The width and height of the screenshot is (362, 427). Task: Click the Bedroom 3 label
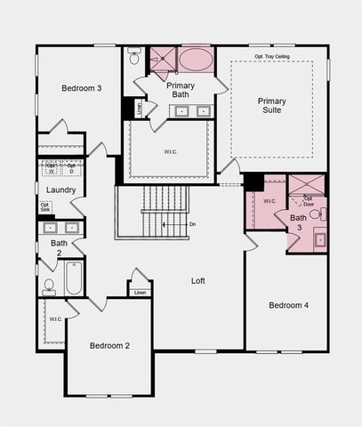click(81, 88)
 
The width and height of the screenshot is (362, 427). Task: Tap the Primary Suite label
click(271, 107)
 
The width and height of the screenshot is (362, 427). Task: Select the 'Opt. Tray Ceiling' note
click(272, 57)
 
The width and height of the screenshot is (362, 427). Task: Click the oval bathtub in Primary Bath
click(196, 60)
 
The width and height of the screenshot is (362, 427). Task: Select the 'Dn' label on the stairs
click(192, 224)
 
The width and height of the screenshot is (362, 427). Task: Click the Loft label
click(198, 281)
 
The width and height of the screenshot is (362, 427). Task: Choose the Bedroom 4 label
click(289, 305)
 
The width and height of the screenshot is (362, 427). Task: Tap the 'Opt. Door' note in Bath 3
click(308, 200)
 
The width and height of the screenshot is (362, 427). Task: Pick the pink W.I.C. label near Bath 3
click(269, 201)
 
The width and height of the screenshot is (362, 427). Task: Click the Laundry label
click(60, 190)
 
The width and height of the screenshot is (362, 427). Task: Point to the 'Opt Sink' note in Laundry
click(44, 208)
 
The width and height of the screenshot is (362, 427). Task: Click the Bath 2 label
click(59, 247)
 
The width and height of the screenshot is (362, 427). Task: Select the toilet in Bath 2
click(49, 286)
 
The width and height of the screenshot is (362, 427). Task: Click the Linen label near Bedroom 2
click(139, 292)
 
